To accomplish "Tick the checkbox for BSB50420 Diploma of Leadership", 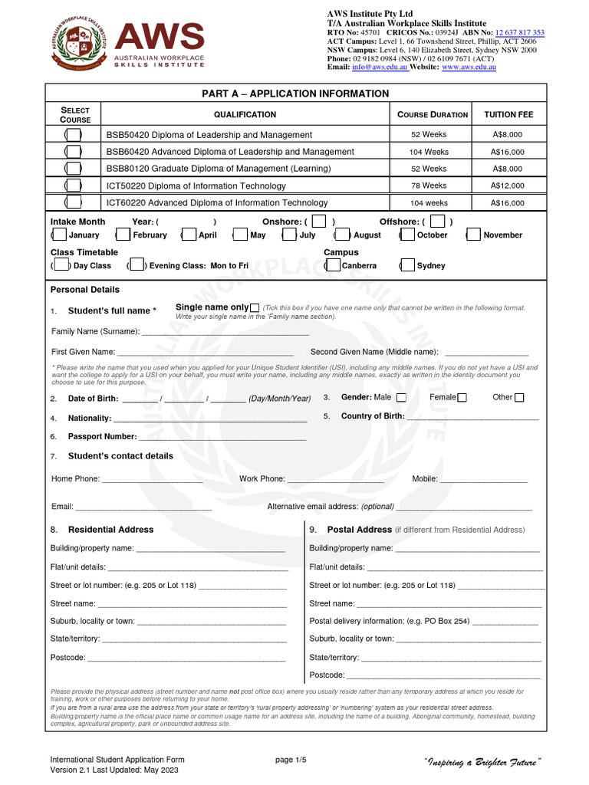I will click(x=74, y=135).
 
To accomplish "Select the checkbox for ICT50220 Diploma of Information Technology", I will click(x=74, y=186).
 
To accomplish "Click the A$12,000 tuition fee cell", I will click(x=508, y=186).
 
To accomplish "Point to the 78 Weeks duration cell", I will click(x=429, y=186).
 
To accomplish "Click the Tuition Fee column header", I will click(x=508, y=115).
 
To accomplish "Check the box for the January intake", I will click(x=59, y=235).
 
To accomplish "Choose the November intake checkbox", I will click(x=473, y=235).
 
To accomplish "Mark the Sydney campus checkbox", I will click(x=406, y=266).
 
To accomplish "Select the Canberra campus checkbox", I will click(x=332, y=266).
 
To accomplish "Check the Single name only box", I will click(x=255, y=308).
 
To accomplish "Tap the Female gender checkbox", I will click(x=462, y=397).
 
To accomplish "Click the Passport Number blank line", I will click(x=222, y=437).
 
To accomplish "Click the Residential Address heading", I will click(x=110, y=530).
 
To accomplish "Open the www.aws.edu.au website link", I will click(x=469, y=67).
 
